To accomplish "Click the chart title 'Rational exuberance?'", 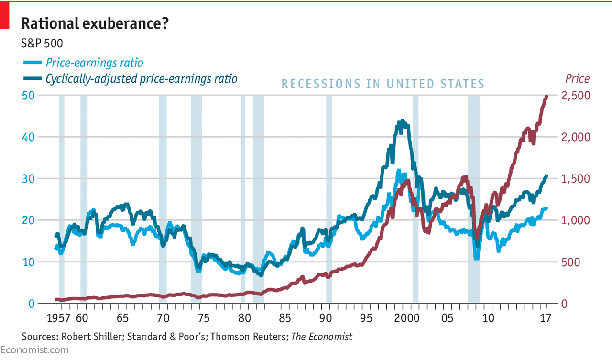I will [94, 23].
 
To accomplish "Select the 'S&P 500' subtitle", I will [42, 44].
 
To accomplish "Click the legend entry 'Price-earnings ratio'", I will [94, 63].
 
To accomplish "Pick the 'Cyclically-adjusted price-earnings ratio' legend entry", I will [141, 78].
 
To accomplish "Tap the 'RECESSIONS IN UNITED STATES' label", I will [383, 84].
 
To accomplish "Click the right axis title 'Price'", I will [577, 78].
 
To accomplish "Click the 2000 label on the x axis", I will [406, 318].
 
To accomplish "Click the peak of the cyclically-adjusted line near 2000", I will [403, 121].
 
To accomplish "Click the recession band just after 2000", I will [415, 201].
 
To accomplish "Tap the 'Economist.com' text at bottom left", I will [34, 350].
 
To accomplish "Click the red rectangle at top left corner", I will [5, 14].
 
